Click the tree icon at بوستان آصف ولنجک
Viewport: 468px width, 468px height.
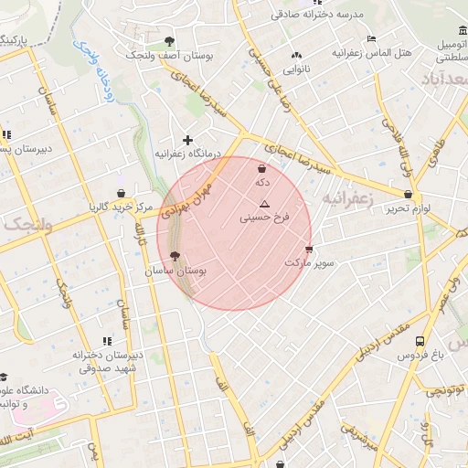170,41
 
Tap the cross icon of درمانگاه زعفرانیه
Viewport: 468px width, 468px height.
188,140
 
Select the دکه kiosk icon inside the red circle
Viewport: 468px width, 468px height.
263,169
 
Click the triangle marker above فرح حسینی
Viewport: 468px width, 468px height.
265,204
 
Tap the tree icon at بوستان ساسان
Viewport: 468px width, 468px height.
175,258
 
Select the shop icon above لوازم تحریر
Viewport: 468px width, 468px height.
408,194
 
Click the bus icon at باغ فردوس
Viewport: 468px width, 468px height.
420,341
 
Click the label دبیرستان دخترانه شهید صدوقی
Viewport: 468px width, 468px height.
109,362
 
